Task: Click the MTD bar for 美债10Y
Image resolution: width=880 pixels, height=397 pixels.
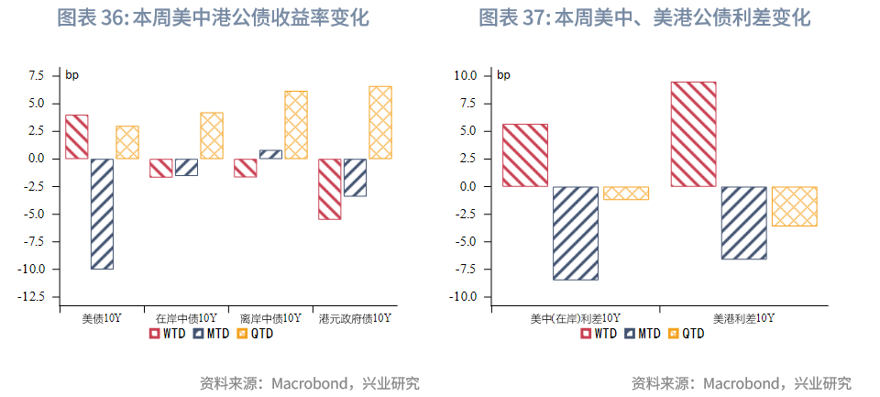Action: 102,214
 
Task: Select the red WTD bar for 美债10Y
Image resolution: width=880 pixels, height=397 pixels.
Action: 77,137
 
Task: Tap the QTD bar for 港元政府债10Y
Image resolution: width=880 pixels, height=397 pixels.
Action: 380,122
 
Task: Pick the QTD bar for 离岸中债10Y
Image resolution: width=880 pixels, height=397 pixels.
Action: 295,125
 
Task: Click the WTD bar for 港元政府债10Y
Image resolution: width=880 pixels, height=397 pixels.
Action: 330,189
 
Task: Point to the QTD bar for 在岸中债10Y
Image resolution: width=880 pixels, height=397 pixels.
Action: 212,136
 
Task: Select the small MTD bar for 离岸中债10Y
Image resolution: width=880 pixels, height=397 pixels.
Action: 270,154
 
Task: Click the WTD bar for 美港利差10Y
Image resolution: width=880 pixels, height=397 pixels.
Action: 693,134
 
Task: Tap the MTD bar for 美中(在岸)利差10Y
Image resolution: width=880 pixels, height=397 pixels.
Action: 576,233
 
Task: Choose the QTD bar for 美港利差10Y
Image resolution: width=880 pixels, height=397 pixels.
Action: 794,206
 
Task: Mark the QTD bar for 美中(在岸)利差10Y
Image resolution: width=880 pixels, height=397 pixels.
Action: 626,193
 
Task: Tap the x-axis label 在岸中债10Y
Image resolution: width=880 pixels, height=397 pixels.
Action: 186,318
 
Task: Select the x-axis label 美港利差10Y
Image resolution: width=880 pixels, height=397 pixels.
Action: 743,318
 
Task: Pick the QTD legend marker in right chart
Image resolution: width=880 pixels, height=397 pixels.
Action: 676,334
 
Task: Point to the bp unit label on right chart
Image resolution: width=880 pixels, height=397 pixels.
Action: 503,75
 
